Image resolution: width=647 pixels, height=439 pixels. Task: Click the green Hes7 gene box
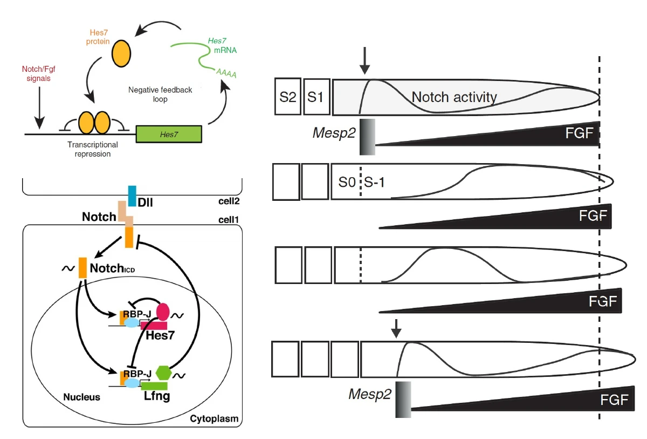(169, 134)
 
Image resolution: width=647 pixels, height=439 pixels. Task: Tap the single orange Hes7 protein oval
(121, 54)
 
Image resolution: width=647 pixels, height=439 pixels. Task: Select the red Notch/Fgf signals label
(38, 73)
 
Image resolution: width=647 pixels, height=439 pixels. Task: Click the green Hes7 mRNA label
(222, 45)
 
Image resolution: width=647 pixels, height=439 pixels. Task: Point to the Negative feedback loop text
(160, 94)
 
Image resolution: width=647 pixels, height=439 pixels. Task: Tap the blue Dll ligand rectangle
(132, 196)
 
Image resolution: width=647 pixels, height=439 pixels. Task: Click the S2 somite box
(288, 96)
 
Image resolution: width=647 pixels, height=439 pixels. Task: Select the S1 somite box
(316, 96)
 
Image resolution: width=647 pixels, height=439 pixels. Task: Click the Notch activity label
(454, 97)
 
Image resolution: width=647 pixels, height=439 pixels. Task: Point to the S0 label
(347, 182)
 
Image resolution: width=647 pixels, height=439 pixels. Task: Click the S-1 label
(374, 182)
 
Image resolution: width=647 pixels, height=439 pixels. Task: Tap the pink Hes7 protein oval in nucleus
(163, 312)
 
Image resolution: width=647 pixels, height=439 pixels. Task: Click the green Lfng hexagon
(163, 373)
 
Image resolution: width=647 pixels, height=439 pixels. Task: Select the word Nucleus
(82, 397)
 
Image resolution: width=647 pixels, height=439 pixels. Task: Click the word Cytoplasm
(214, 418)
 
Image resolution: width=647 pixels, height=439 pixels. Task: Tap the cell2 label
(229, 201)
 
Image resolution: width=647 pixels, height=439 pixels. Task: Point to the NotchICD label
(112, 268)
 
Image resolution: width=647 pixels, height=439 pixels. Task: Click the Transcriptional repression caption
(92, 149)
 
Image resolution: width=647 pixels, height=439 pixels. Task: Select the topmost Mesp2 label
(334, 133)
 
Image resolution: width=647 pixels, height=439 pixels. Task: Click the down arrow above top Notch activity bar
(365, 60)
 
